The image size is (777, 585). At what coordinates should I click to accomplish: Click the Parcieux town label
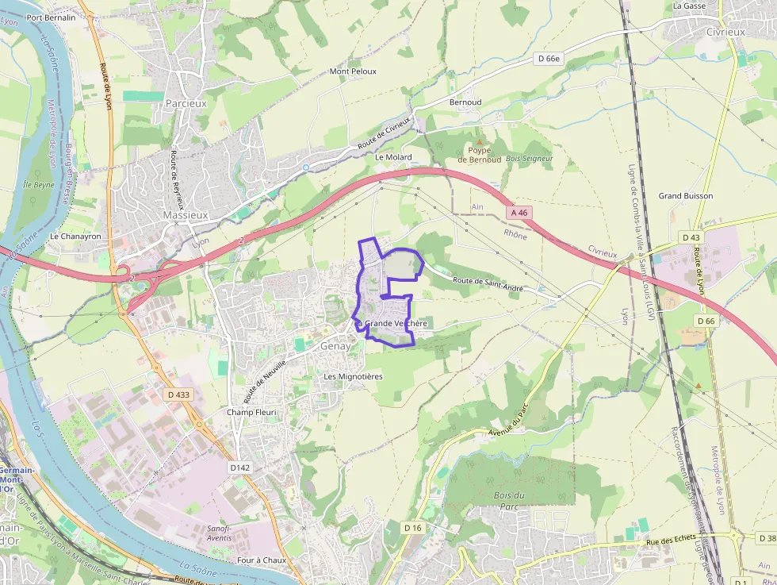186,103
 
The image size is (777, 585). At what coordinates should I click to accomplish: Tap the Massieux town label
185,215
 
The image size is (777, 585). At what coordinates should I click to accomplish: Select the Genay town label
335,346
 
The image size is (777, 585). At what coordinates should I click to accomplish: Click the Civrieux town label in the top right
725,32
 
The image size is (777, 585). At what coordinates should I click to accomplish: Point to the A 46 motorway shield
519,213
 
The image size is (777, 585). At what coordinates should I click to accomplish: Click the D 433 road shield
179,394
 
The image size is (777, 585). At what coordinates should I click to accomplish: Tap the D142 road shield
239,468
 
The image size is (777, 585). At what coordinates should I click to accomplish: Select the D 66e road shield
548,58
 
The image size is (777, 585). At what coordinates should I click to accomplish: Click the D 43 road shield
691,237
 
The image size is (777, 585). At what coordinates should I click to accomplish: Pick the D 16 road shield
412,528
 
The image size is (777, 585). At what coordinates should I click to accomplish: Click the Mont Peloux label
353,71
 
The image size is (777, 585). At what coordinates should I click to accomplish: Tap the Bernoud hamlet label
465,102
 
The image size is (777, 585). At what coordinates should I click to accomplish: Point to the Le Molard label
393,157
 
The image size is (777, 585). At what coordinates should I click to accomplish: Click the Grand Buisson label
686,196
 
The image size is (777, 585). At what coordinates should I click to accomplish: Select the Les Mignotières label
353,376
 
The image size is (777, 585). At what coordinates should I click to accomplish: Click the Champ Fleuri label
250,412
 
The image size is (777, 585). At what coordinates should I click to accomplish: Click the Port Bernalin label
51,17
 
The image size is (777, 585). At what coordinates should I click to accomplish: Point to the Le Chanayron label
75,237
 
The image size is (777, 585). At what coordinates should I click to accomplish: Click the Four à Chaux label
261,560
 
